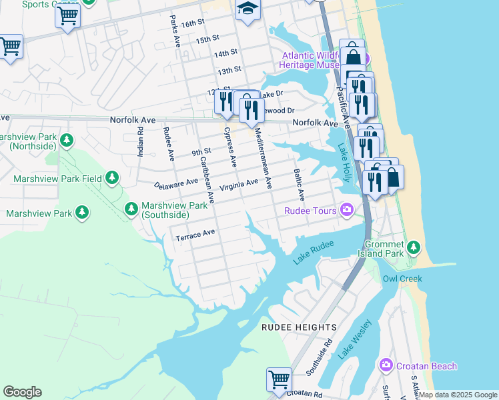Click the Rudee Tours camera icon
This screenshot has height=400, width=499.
pyautogui.click(x=347, y=211)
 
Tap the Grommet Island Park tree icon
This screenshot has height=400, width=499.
pyautogui.click(x=414, y=248)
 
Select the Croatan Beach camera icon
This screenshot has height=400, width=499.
pyautogui.click(x=386, y=365)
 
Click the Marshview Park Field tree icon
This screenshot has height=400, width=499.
pyautogui.click(x=113, y=178)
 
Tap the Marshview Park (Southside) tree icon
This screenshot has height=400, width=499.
pyautogui.click(x=131, y=209)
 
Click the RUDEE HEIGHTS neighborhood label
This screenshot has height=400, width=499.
pyautogui.click(x=299, y=327)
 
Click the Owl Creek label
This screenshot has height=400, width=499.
pyautogui.click(x=402, y=279)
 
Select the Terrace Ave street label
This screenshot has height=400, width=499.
pyautogui.click(x=195, y=235)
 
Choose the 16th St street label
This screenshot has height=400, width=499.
pyautogui.click(x=191, y=23)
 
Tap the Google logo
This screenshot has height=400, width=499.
pyautogui.click(x=22, y=392)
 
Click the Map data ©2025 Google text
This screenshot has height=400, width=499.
pyautogui.click(x=457, y=395)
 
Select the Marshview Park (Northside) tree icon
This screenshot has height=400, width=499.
pyautogui.click(x=66, y=140)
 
